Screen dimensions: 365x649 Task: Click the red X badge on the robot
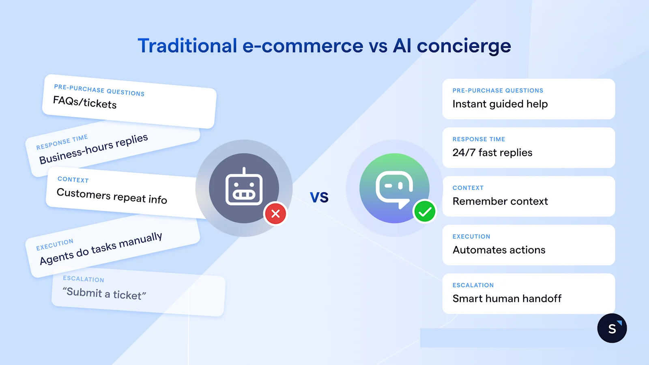coord(275,214)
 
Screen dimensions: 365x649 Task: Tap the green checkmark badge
coord(425,212)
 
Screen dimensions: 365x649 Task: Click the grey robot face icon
coord(244,189)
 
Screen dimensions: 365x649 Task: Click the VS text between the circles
coord(319,198)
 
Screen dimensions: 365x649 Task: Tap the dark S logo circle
coord(612,328)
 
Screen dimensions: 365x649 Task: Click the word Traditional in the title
coord(187,45)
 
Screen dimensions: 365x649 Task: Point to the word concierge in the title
coord(464,46)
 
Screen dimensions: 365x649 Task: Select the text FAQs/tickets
coord(85,102)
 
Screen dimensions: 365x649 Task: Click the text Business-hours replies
coord(94,149)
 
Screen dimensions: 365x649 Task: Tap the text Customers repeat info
coord(112,196)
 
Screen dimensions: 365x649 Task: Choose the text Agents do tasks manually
coord(101,248)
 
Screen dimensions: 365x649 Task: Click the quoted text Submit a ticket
coord(104,293)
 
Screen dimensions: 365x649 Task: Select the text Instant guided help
coord(500,104)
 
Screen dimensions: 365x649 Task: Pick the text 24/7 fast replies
coord(492,153)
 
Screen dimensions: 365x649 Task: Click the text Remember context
coord(500,202)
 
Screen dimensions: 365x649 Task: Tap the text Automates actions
coord(499,250)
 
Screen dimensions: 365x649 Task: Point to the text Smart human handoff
coord(507,299)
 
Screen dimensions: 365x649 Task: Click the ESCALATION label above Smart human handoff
coord(473,285)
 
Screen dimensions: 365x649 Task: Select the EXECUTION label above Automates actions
coord(471,236)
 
